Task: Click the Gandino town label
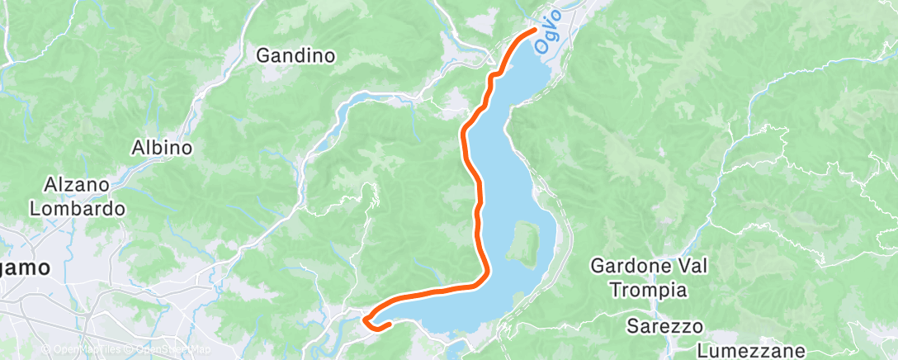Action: coord(295,56)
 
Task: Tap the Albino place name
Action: coord(162,149)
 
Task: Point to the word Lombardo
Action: coord(78,209)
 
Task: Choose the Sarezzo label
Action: coord(658,325)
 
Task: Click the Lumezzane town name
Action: coord(750,350)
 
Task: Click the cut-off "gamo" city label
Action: coord(24,268)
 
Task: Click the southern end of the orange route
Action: coord(386,325)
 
